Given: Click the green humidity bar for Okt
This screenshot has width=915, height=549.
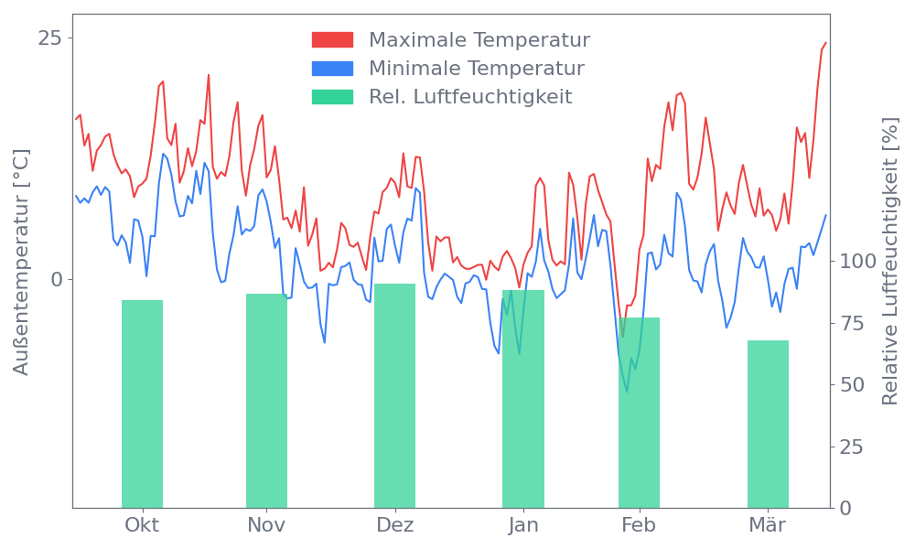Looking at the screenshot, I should [x=142, y=404].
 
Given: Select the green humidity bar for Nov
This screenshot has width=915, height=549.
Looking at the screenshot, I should [x=266, y=400].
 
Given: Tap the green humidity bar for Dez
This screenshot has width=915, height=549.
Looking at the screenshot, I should [x=394, y=395].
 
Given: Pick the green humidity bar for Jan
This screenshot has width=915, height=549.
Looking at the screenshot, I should [x=523, y=399].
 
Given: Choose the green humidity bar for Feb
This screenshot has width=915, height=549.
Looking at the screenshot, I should [x=639, y=413].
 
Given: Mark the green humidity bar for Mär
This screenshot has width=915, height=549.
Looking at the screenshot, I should [x=768, y=424].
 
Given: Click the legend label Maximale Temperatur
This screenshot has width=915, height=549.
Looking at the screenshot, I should [x=479, y=40].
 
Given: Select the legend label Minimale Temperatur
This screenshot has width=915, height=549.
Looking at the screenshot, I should [x=476, y=69].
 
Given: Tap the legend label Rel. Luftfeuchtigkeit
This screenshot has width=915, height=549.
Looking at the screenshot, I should [x=470, y=97].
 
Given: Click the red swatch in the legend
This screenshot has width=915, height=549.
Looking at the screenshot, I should [x=332, y=40].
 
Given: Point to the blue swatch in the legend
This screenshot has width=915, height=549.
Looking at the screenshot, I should [x=332, y=69].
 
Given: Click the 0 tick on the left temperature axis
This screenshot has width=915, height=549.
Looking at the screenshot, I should [x=56, y=279].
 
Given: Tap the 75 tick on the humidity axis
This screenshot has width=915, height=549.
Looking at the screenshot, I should [x=854, y=323].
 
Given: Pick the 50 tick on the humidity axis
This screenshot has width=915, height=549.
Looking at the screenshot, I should [x=854, y=384].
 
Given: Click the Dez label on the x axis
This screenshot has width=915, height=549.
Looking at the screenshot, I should [x=395, y=525].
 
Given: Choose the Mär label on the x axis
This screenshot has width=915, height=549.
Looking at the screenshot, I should [x=768, y=525].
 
